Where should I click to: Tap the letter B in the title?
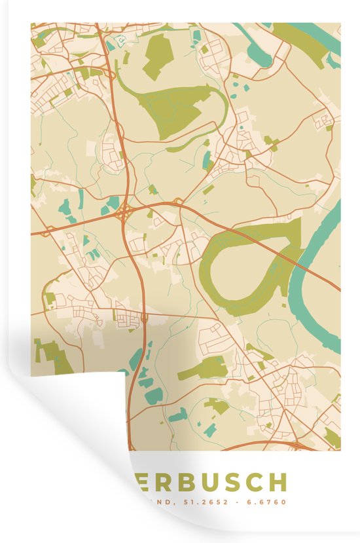coord(171,482)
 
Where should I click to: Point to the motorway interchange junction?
coord(124,213)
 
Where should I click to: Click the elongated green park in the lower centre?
coord(203,369)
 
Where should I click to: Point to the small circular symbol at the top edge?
coord(120,40)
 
